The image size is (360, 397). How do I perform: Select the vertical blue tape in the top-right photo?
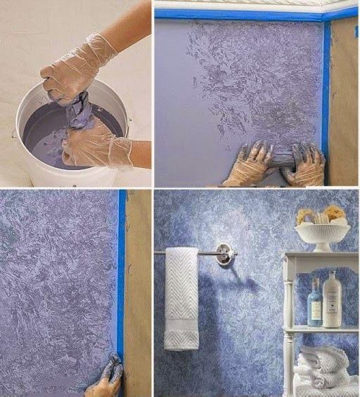[326, 91]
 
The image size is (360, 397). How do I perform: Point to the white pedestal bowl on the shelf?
[322, 235]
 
